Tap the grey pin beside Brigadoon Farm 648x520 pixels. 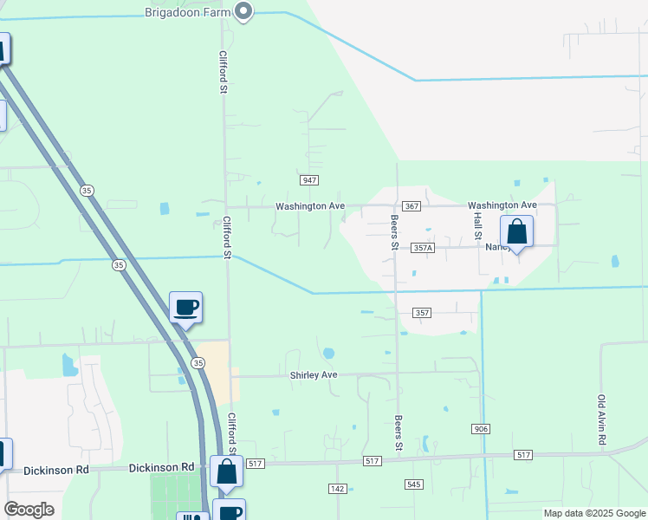pos(243,11)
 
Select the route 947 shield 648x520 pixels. pos(309,180)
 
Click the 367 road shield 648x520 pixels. pos(411,205)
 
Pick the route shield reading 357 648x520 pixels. pos(422,312)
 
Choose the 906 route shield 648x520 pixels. pos(482,429)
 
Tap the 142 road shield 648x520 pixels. pos(338,489)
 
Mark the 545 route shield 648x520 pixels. pos(412,484)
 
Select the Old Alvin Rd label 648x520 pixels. pos(601,421)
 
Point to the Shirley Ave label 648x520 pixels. pos(313,375)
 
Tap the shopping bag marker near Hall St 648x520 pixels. pos(516,232)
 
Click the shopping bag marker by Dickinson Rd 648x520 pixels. pos(226,472)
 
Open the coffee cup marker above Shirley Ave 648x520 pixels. pos(186,307)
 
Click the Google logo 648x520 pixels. pos(29,510)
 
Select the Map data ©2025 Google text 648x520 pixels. pos(595,513)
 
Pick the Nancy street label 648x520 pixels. pos(496,247)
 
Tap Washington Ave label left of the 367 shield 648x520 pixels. pos(310,206)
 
